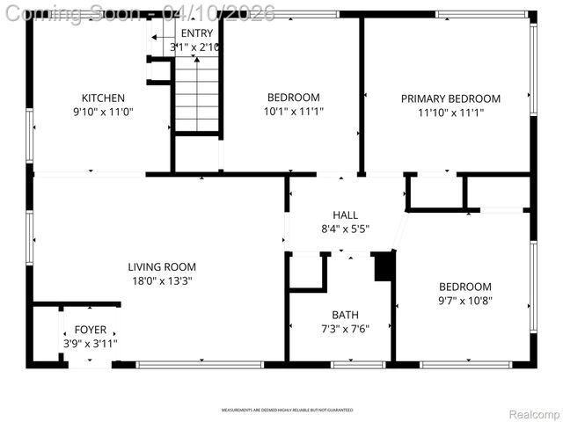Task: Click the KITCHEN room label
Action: (x=103, y=98)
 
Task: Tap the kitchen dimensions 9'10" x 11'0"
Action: (x=103, y=112)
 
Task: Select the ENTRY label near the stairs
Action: (x=196, y=33)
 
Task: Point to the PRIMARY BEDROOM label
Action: (x=450, y=98)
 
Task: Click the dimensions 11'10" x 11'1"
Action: (x=450, y=113)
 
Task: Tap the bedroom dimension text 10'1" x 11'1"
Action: (x=294, y=112)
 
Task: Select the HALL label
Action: (x=345, y=215)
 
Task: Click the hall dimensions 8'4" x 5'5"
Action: (x=345, y=229)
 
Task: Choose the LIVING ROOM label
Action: (x=162, y=267)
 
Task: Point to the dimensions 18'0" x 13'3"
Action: (x=162, y=281)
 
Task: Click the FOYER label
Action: (x=90, y=330)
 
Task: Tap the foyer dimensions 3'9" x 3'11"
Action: (x=90, y=344)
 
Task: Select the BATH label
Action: (x=345, y=315)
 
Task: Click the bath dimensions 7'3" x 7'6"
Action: (x=345, y=329)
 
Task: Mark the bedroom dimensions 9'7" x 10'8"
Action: (x=465, y=301)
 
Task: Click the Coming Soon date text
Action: (x=141, y=12)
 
